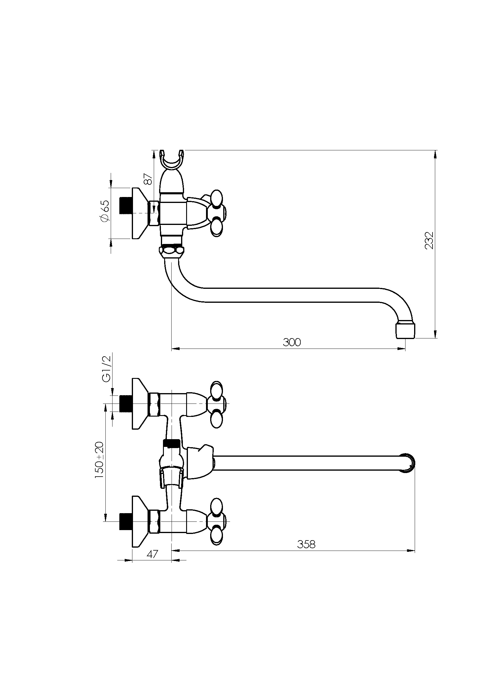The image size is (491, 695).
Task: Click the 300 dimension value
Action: click(292, 342)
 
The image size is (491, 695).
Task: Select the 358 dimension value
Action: click(306, 544)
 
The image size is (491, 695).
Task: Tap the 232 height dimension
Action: click(429, 240)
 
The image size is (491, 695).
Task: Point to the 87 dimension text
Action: click(148, 179)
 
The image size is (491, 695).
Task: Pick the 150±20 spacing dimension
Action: click(99, 460)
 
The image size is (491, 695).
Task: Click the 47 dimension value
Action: click(152, 554)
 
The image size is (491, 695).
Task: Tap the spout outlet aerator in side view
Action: click(406, 330)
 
